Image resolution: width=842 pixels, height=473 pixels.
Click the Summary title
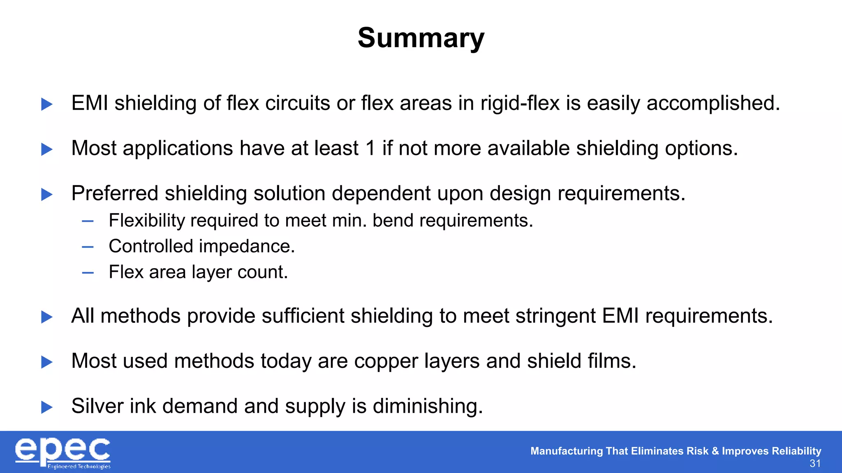coord(421,38)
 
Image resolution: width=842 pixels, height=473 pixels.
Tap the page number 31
coord(815,464)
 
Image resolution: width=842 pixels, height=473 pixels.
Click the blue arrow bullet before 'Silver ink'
coord(47,407)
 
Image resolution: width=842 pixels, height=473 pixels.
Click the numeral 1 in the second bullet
coord(370,148)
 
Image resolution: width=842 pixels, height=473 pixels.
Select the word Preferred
coord(115,193)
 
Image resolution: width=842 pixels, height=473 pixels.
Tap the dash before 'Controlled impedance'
coord(88,247)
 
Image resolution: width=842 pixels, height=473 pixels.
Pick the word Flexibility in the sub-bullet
coord(147,221)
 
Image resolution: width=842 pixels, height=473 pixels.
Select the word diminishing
coord(428,406)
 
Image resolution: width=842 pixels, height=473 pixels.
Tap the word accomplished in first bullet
coord(713,103)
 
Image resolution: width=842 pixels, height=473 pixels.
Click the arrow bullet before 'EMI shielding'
coord(47,104)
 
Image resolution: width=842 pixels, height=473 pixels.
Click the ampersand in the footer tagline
coord(715,451)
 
